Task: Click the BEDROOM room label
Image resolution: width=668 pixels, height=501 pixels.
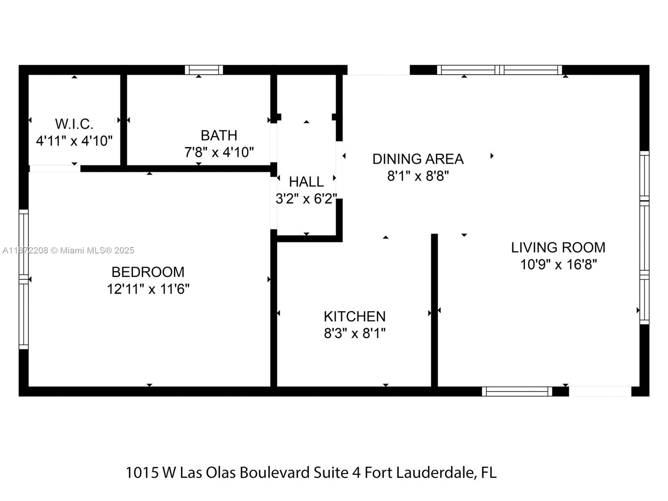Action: pos(148,272)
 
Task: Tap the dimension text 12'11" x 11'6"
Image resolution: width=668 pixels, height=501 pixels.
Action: pos(148,289)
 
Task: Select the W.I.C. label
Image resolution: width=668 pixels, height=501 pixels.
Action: pos(74,124)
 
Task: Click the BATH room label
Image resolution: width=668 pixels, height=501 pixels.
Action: pos(219,135)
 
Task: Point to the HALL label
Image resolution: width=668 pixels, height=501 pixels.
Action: pos(306,182)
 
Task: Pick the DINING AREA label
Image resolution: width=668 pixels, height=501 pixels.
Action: pos(418,159)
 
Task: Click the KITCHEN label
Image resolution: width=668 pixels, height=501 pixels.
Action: pos(354,316)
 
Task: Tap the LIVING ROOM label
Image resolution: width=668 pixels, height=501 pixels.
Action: pos(558,247)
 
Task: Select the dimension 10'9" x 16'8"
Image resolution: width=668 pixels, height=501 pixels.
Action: pos(558,264)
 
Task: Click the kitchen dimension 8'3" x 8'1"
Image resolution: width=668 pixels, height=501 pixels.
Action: pos(354,334)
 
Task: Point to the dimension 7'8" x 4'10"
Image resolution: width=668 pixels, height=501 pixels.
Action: pos(219,152)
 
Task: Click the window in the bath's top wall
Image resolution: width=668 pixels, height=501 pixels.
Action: pos(204,70)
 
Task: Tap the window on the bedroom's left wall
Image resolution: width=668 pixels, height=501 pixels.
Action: pos(23,279)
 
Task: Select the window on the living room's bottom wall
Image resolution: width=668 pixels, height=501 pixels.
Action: pos(517,391)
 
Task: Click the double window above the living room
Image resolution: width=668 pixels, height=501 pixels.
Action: pos(499,70)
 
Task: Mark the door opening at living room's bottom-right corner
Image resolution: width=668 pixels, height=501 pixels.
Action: pos(600,391)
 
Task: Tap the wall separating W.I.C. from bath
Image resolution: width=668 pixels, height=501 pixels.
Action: pos(124,120)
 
